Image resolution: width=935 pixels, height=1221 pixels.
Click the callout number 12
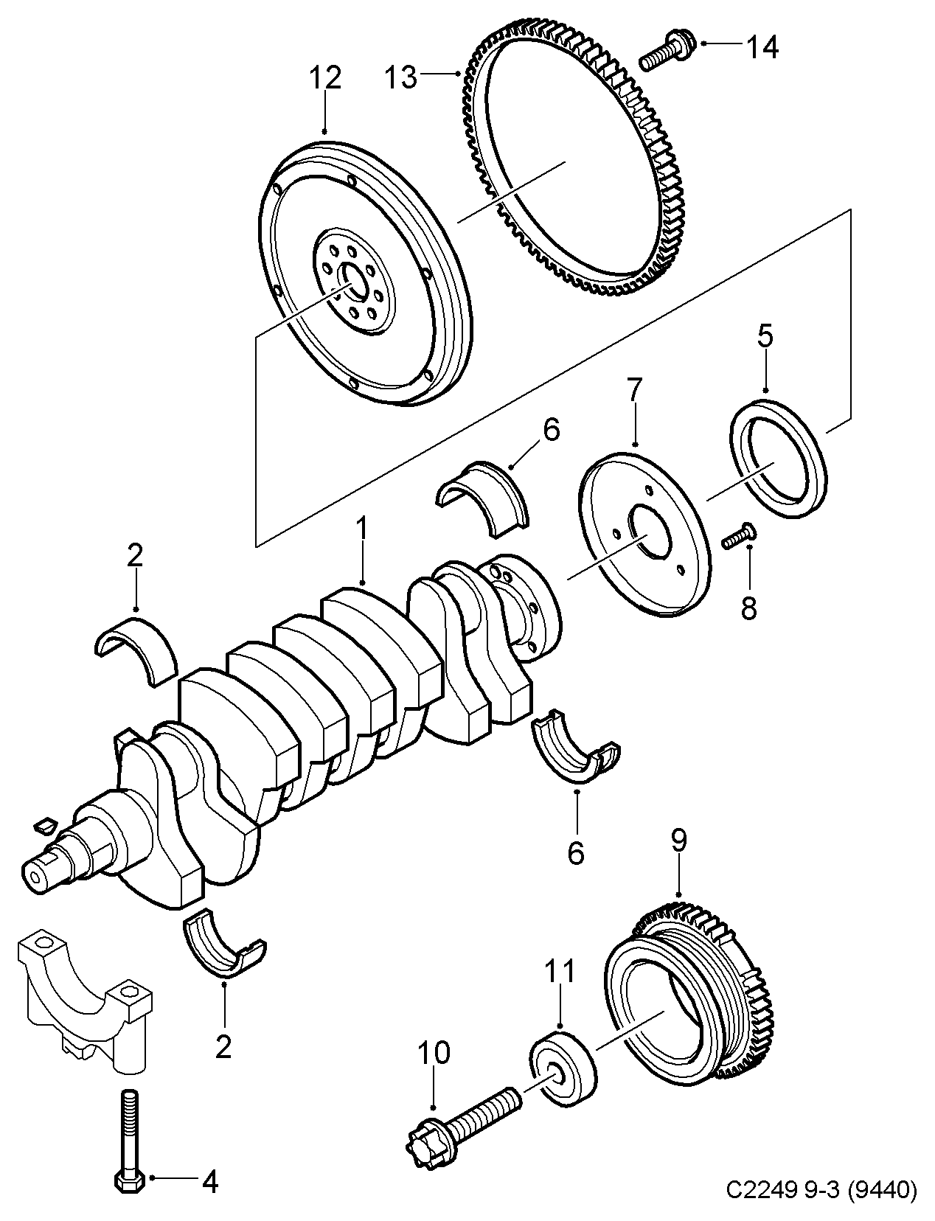pyautogui.click(x=326, y=78)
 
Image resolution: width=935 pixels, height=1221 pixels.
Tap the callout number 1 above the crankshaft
pyautogui.click(x=361, y=529)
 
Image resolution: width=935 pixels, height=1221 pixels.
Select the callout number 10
pyautogui.click(x=434, y=1054)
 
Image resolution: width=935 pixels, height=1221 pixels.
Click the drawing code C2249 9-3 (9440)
pyautogui.click(x=821, y=1189)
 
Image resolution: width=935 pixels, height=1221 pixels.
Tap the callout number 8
pyautogui.click(x=748, y=609)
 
